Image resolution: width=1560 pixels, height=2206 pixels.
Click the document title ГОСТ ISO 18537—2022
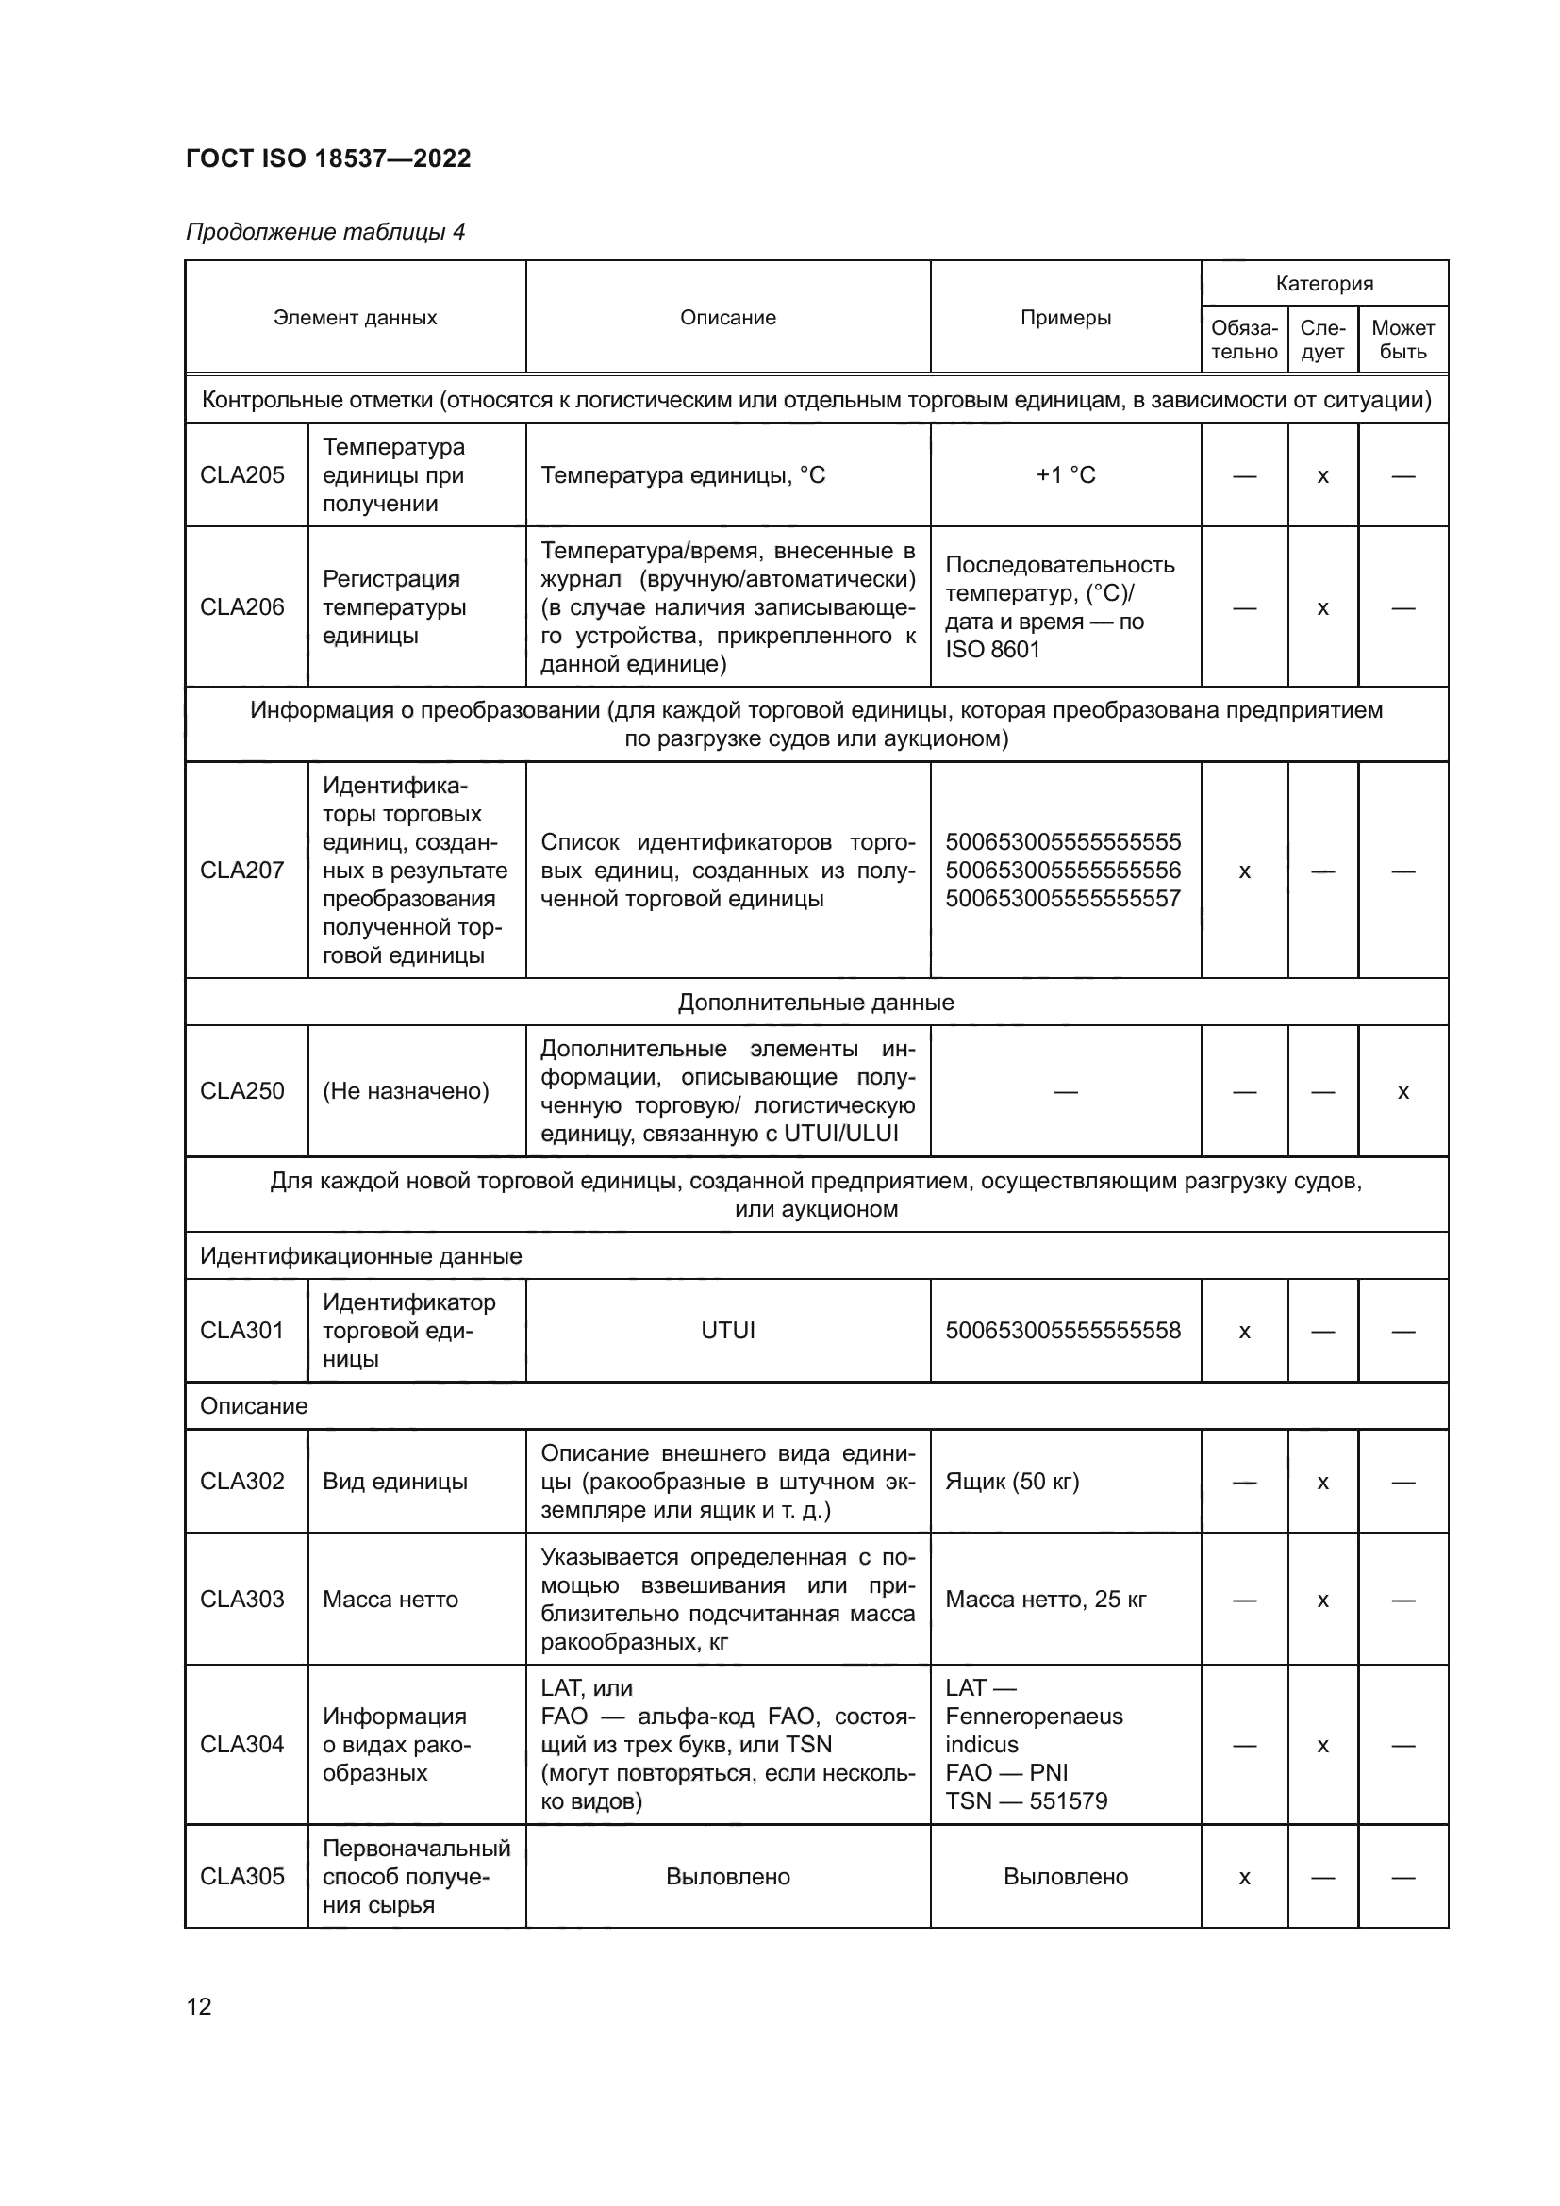(x=327, y=158)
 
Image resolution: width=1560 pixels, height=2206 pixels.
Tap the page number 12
(x=199, y=2006)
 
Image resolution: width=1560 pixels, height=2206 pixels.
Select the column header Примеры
(x=1065, y=318)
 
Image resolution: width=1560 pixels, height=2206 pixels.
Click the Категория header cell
(x=1323, y=284)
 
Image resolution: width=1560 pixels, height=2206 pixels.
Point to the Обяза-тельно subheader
(x=1244, y=340)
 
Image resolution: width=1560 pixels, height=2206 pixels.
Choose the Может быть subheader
(x=1402, y=340)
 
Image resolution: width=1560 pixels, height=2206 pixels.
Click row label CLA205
(x=242, y=475)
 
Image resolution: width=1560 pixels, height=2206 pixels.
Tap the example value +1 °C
(x=1065, y=475)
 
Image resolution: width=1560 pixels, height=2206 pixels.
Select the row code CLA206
(x=242, y=607)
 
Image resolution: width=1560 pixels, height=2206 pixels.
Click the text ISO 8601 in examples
(x=992, y=650)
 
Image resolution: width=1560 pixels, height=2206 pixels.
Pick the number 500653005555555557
(x=1062, y=900)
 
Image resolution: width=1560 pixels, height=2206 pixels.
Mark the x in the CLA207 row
(x=1244, y=871)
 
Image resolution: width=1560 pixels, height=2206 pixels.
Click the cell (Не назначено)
(x=406, y=1091)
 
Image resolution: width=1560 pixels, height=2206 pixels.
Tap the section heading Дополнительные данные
(x=816, y=1003)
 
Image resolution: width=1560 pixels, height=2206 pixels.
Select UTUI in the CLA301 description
(x=727, y=1331)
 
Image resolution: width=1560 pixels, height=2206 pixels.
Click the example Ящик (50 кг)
(x=1011, y=1482)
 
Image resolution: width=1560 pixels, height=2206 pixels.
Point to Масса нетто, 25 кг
(x=1045, y=1600)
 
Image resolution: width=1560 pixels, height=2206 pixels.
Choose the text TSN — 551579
(x=1026, y=1801)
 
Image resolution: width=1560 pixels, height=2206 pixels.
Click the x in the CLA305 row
(x=1244, y=1878)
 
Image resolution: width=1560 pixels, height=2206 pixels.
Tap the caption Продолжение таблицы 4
(x=324, y=233)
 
